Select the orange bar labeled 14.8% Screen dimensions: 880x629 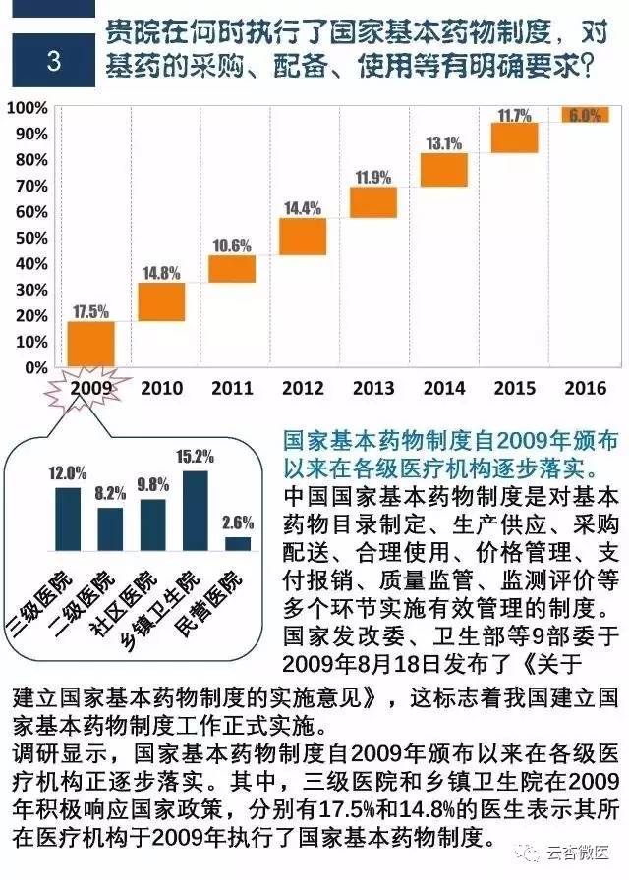coord(161,302)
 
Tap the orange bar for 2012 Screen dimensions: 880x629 coord(303,237)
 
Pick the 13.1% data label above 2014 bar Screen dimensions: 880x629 coord(443,143)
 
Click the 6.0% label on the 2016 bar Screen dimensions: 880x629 coord(584,116)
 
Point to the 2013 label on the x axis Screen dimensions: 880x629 coord(373,388)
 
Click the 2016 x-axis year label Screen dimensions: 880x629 coord(586,388)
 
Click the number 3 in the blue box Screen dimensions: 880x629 coord(54,61)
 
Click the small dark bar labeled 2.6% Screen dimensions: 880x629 coord(238,543)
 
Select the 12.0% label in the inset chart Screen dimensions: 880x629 coord(68,473)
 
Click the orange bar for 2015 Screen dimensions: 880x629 coord(514,137)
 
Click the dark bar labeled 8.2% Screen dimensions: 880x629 coord(110,528)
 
